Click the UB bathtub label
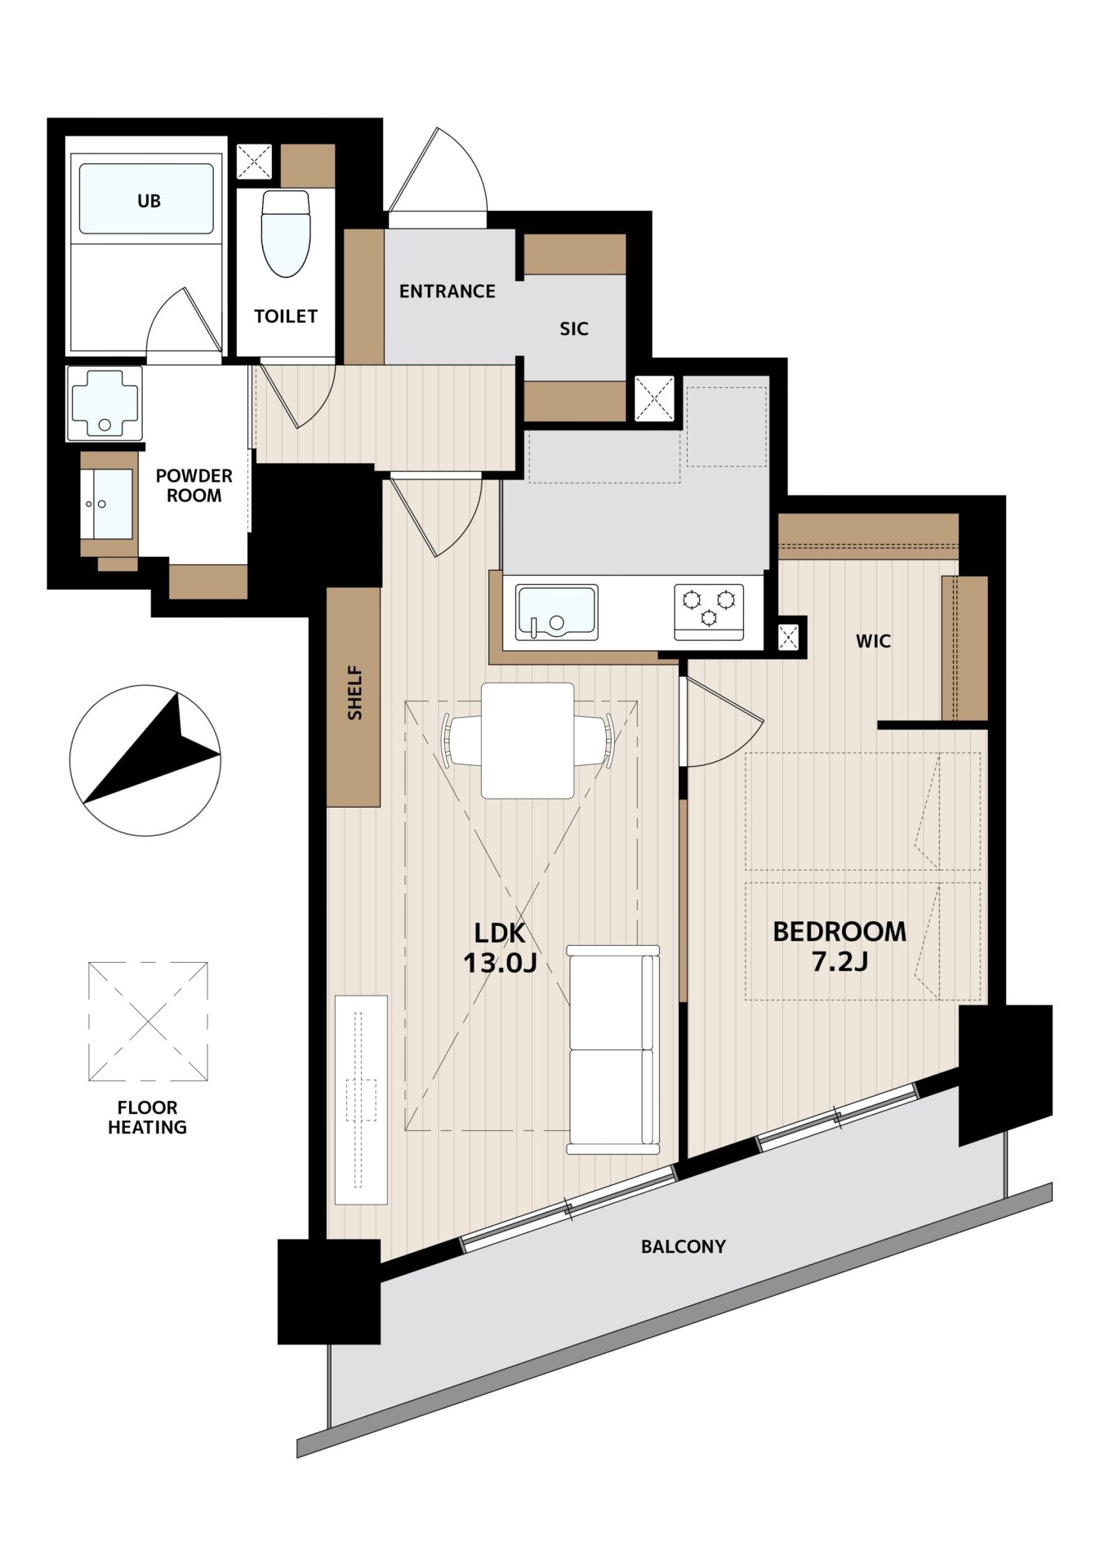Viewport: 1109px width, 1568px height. tap(149, 201)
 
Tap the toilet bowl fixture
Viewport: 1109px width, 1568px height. tap(286, 234)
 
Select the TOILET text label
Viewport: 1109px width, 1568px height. tap(286, 316)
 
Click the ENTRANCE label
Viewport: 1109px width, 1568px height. tap(448, 292)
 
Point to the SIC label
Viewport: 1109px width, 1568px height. tap(574, 329)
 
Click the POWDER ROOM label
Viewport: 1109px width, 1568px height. tap(194, 486)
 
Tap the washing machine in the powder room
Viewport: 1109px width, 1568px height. tap(105, 403)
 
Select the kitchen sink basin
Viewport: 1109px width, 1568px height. tap(557, 612)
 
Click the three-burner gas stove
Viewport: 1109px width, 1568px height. tap(709, 612)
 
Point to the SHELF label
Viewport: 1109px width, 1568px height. tap(354, 693)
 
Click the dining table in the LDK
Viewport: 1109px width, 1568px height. tap(528, 740)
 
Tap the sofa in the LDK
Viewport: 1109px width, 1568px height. tap(613, 1049)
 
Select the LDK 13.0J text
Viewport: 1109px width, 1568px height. tap(500, 948)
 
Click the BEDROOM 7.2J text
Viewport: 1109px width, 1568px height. tap(840, 947)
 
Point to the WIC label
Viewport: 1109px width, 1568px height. tap(873, 642)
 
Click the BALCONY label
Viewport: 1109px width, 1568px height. tap(684, 1247)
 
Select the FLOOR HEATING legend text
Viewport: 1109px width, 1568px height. tap(148, 1117)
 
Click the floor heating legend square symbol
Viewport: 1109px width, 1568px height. tap(148, 1022)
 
